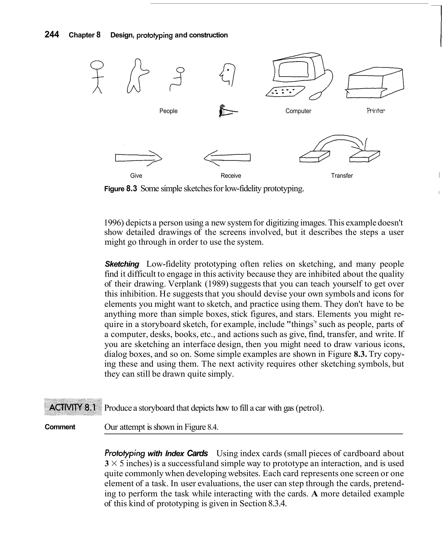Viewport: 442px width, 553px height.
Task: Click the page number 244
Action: (52, 34)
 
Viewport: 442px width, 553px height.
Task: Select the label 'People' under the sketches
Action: (168, 111)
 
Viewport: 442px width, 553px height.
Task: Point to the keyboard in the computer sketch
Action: (285, 91)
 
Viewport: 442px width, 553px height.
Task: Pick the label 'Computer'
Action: (298, 111)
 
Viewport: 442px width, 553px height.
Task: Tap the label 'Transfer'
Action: (342, 176)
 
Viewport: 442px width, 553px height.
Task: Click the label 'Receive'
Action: (231, 176)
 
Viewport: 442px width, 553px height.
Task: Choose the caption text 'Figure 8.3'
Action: (120, 189)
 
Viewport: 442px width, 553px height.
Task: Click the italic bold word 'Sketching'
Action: (122, 264)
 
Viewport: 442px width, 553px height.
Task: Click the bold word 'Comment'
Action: (60, 427)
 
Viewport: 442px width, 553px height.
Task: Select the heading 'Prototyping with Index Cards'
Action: (156, 453)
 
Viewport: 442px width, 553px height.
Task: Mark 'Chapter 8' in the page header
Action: (85, 35)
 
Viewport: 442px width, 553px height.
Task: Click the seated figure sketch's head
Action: (181, 69)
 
